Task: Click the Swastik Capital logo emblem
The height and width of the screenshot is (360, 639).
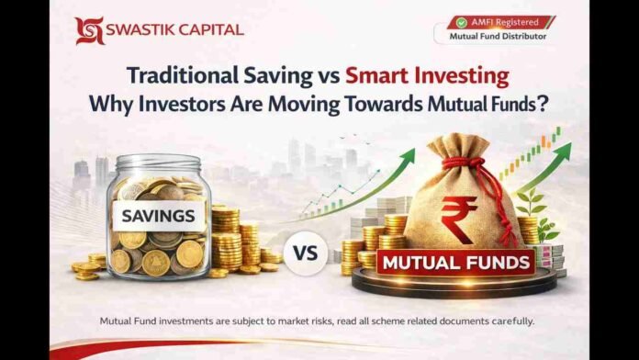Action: click(89, 30)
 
